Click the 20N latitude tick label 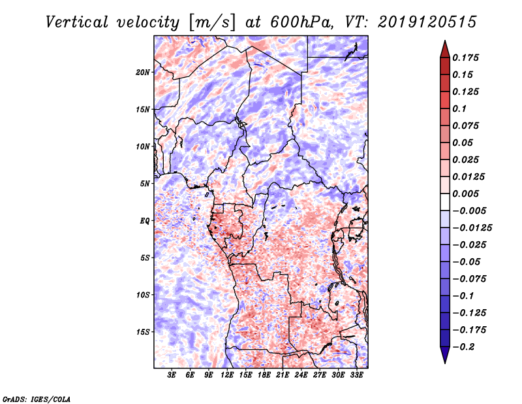point(143,73)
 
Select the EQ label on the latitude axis point(145,221)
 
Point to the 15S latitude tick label point(143,332)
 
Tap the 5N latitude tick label point(145,184)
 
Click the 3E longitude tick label point(172,375)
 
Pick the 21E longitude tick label point(283,375)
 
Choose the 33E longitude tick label point(356,375)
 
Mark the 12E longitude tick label point(227,375)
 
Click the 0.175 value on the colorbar point(465,58)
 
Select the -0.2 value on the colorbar point(463,347)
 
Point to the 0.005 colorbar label point(465,194)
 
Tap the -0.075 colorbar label point(469,279)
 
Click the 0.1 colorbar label point(459,109)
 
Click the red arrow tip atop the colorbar point(445,41)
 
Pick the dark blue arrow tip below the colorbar point(445,363)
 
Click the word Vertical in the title point(77,22)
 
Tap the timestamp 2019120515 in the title point(427,22)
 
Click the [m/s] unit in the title point(212,22)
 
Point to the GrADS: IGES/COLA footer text point(37,399)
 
